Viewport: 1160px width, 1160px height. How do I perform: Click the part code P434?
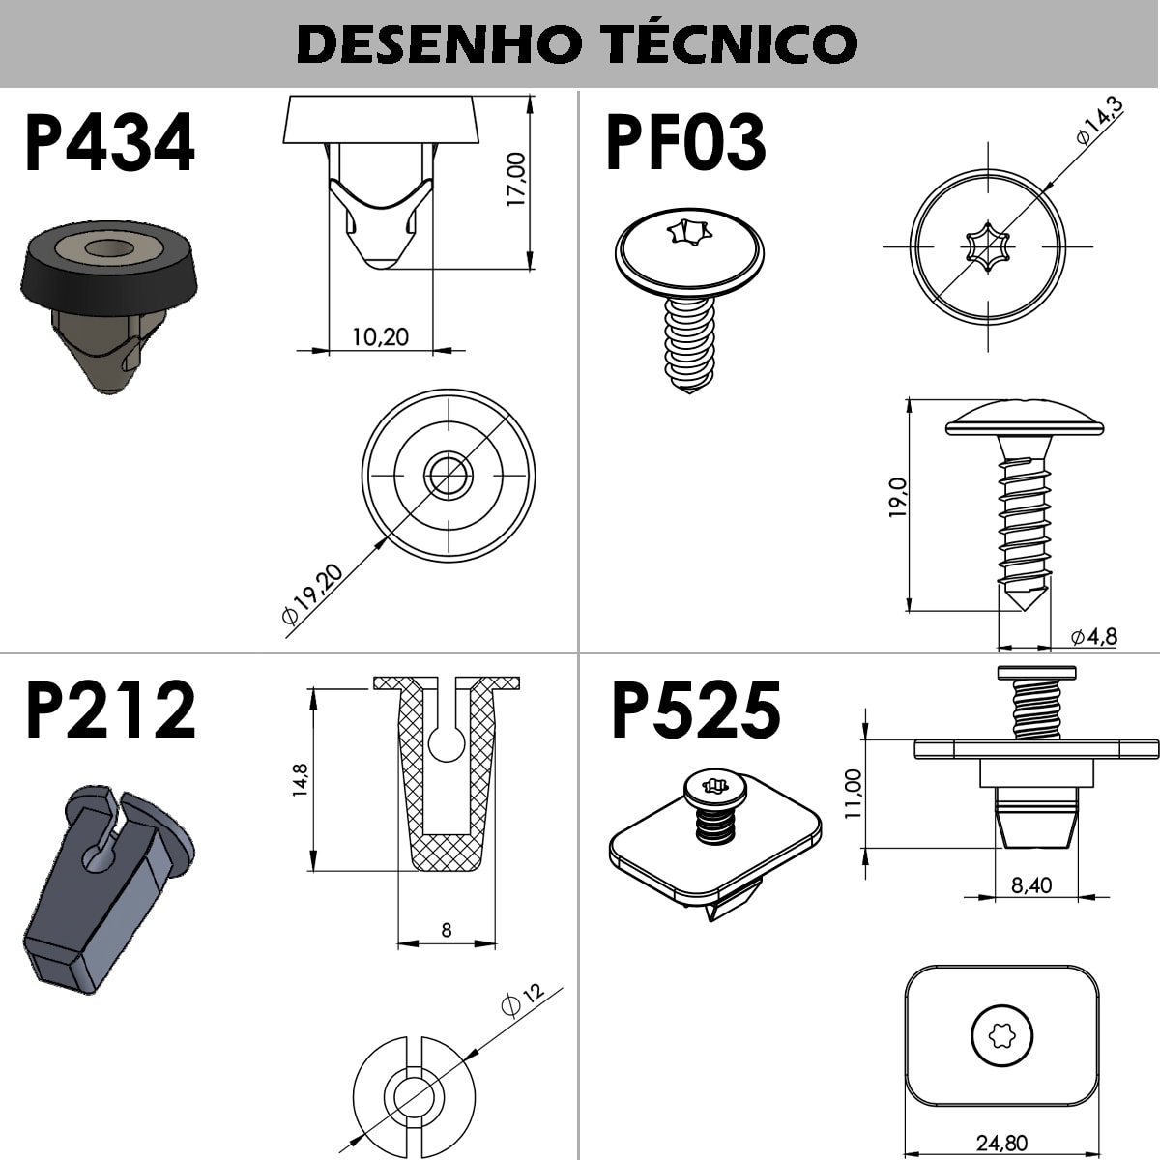point(110,143)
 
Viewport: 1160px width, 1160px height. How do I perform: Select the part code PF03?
point(685,143)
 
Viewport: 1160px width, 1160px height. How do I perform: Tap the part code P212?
point(111,710)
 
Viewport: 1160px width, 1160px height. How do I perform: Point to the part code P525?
point(696,710)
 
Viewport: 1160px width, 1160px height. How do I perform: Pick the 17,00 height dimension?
point(516,180)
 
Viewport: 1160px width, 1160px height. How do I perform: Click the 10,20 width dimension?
point(381,336)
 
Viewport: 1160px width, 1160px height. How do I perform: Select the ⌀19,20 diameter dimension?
point(312,594)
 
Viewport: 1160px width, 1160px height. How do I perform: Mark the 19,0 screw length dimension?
point(896,497)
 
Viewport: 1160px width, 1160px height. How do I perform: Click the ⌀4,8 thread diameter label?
point(1094,636)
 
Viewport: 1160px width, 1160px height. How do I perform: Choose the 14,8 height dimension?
point(300,780)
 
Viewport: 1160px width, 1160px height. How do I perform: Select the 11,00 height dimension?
point(853,794)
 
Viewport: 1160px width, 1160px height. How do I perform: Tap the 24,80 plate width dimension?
point(1001,1142)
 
